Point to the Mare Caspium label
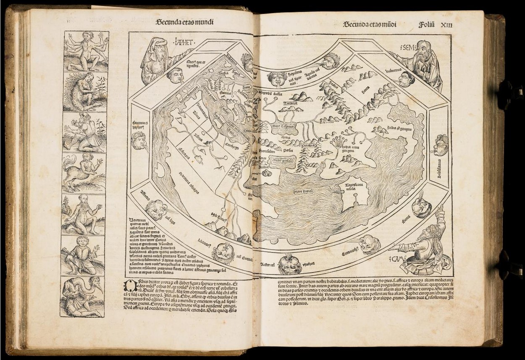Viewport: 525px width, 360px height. click(282, 125)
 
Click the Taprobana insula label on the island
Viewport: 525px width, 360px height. click(354, 186)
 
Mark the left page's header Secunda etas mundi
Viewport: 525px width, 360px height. click(183, 23)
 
